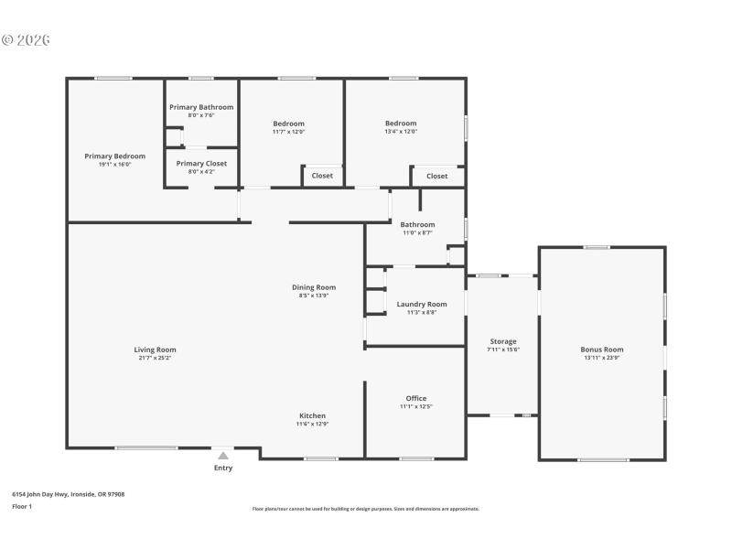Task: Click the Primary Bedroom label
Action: [x=114, y=156]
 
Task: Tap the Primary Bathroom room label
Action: [x=201, y=107]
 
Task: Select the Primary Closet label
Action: [x=201, y=164]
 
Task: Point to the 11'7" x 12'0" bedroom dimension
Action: [x=288, y=132]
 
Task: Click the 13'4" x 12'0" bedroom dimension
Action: [x=401, y=132]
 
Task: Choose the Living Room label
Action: [x=155, y=350]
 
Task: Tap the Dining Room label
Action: [x=314, y=287]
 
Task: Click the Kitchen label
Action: [x=311, y=415]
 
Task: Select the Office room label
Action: [x=416, y=398]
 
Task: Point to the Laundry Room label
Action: [x=422, y=304]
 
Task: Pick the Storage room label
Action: [x=502, y=341]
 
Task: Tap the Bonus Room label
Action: [x=601, y=350]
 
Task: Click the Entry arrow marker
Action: [x=223, y=454]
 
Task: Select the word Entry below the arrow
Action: [x=223, y=468]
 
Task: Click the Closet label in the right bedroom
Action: [x=437, y=176]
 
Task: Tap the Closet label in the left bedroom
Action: [x=322, y=176]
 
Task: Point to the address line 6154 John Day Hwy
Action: [x=68, y=494]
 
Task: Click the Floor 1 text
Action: [x=22, y=506]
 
